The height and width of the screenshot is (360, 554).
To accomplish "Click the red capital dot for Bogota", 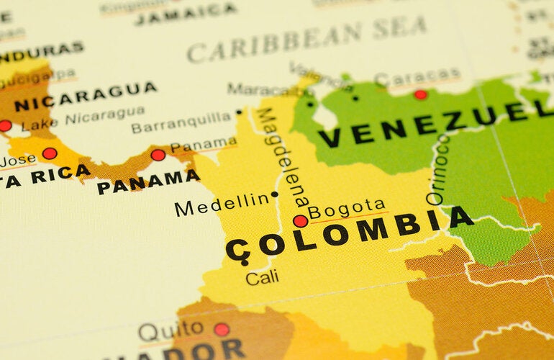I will [x=300, y=221].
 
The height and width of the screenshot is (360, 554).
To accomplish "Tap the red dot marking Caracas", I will [x=420, y=94].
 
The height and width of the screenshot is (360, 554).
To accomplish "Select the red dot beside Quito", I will [x=222, y=330].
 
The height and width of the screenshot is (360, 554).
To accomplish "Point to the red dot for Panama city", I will [x=158, y=155].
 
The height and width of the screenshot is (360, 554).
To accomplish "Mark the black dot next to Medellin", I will [x=274, y=194].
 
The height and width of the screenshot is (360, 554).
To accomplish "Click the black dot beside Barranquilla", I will [x=239, y=112].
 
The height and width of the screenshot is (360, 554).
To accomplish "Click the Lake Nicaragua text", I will [x=83, y=119].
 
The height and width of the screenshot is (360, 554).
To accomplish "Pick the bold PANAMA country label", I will [x=147, y=182].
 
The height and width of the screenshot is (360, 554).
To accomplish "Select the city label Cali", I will [x=262, y=276].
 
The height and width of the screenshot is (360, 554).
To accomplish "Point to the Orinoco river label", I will [x=438, y=169].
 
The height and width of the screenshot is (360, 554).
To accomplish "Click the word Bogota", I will [x=347, y=209].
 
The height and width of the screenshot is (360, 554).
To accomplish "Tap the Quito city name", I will [x=171, y=332].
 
